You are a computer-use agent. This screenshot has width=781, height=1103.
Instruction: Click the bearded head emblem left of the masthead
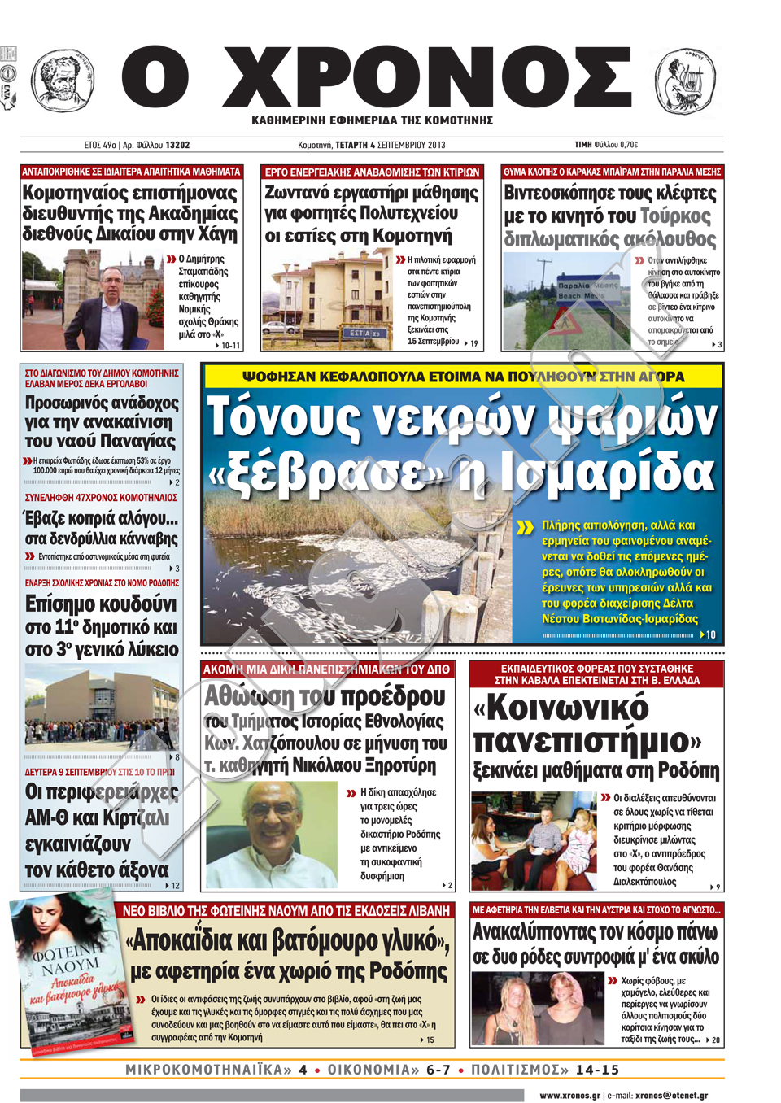63,80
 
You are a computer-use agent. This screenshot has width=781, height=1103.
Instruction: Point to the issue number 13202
177,145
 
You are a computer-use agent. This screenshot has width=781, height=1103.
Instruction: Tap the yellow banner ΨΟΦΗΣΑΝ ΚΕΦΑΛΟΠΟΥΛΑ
463,377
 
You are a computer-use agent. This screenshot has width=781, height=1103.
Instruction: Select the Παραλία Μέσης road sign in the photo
587,290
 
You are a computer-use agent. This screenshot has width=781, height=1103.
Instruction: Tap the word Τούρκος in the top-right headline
675,216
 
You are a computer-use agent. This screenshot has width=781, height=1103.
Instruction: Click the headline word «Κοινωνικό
561,708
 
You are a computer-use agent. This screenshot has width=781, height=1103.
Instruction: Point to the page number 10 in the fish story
710,634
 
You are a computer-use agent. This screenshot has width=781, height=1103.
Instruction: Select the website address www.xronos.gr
569,1095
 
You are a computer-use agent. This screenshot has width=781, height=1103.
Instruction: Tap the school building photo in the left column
102,704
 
